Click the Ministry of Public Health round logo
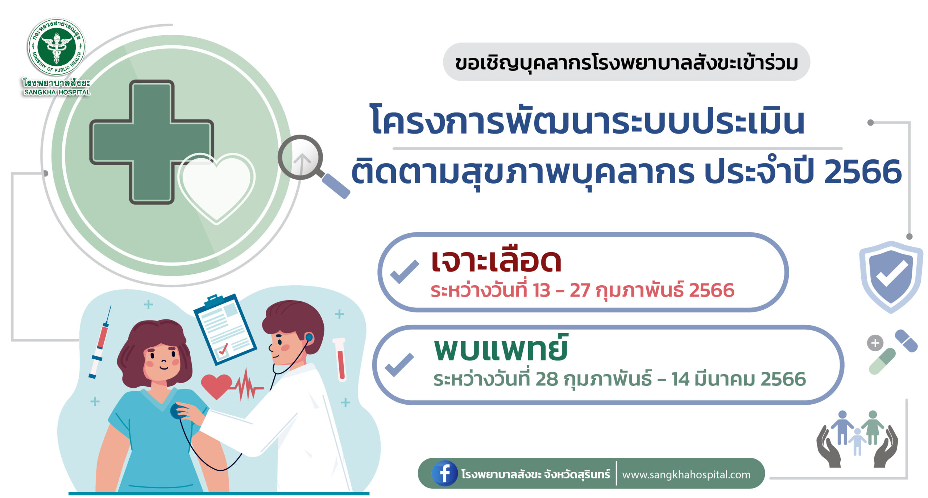(57, 47)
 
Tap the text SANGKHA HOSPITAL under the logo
(57, 92)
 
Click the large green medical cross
(152, 142)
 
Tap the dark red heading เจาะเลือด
(496, 261)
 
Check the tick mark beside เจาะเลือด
(405, 272)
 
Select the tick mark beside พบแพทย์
(399, 364)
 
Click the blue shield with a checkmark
(891, 277)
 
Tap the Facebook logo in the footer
(444, 473)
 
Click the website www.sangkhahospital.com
(686, 474)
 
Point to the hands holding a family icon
(857, 439)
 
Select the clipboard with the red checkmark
(225, 329)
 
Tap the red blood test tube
(340, 359)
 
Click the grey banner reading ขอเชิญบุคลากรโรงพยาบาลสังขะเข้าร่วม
(626, 62)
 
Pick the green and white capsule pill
(882, 362)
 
